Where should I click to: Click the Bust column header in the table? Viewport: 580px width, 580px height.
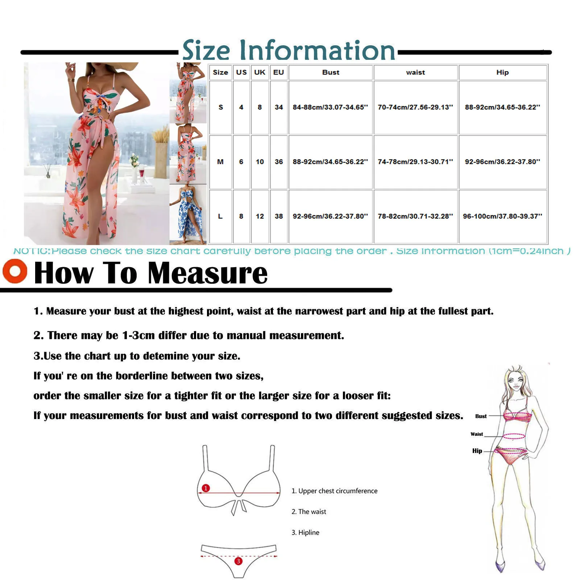coord(331,72)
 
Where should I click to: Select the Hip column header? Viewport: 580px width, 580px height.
coord(502,72)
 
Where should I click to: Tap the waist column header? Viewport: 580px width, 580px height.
coord(415,72)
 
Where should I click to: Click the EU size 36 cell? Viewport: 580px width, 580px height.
coord(278,162)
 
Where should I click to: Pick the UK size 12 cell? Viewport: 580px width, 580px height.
coord(260,216)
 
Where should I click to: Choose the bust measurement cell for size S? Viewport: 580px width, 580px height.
coord(330,107)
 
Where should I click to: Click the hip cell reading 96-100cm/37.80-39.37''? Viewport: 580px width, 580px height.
coord(502,216)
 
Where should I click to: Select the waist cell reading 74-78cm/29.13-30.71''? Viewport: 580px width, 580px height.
coord(415,162)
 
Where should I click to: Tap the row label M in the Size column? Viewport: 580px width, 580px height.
coord(220,162)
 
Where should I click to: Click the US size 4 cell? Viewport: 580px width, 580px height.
coord(241,107)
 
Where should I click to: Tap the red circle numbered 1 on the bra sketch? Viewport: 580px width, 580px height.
coord(206,488)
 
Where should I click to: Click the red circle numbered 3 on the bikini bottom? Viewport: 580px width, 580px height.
coord(238,561)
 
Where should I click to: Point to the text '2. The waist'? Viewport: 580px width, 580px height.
coord(309,511)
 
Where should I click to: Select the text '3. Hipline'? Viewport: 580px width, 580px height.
coord(305,533)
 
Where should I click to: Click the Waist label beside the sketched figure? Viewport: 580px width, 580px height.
coord(477,434)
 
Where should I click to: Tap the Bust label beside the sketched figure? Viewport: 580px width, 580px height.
coord(481,416)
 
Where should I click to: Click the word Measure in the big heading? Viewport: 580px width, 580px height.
coord(208,273)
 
